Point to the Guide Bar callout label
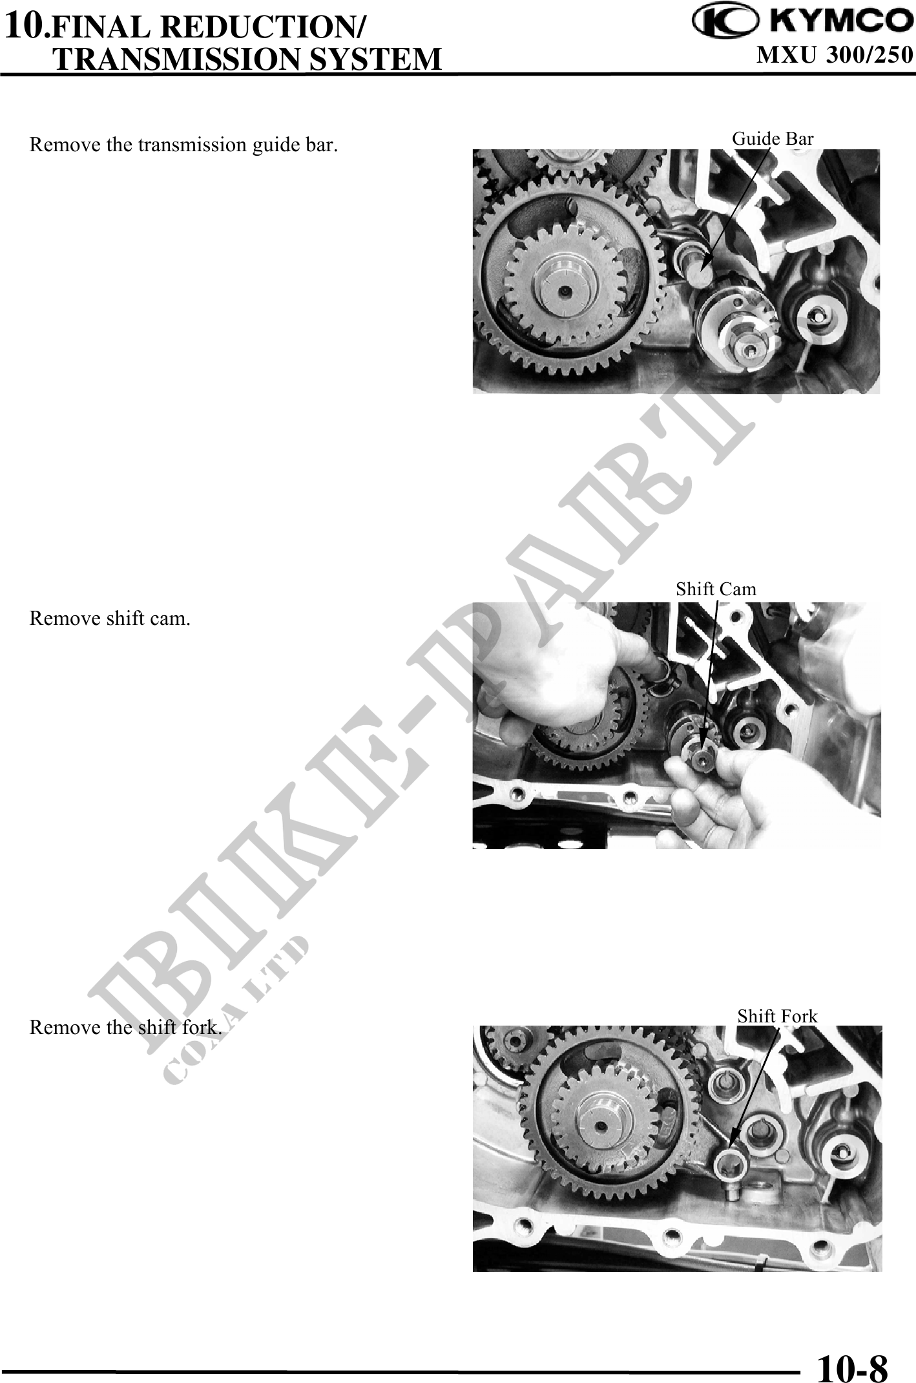tap(773, 138)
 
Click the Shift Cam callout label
tap(716, 589)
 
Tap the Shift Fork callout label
tap(778, 1016)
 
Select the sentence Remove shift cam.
tap(110, 618)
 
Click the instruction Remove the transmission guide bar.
tap(183, 144)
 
